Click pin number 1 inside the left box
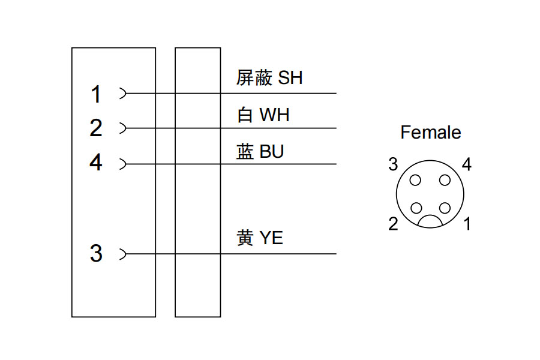pyautogui.click(x=96, y=94)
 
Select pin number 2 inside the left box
pyautogui.click(x=96, y=128)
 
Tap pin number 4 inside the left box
pyautogui.click(x=96, y=163)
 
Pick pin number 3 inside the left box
pyautogui.click(x=96, y=254)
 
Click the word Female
pyautogui.click(x=431, y=132)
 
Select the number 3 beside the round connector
pyautogui.click(x=393, y=164)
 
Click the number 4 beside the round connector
pyautogui.click(x=467, y=164)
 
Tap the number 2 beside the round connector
pyautogui.click(x=393, y=224)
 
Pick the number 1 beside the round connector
pyautogui.click(x=467, y=224)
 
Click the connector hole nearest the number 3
pyautogui.click(x=416, y=179)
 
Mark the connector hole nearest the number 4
pyautogui.click(x=444, y=179)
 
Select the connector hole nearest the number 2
pyautogui.click(x=416, y=208)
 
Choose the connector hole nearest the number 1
pyautogui.click(x=444, y=208)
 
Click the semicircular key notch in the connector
pyautogui.click(x=430, y=222)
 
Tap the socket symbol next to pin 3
pyautogui.click(x=123, y=254)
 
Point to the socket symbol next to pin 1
pyautogui.click(x=123, y=94)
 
